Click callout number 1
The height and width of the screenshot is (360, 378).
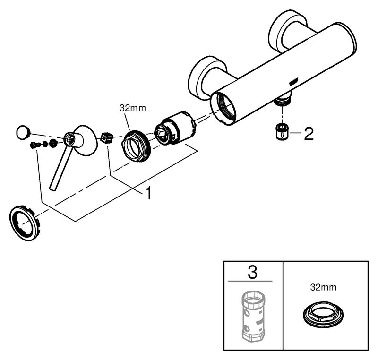click(148, 193)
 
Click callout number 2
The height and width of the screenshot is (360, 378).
click(308, 134)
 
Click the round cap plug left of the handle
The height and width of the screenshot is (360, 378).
click(22, 132)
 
